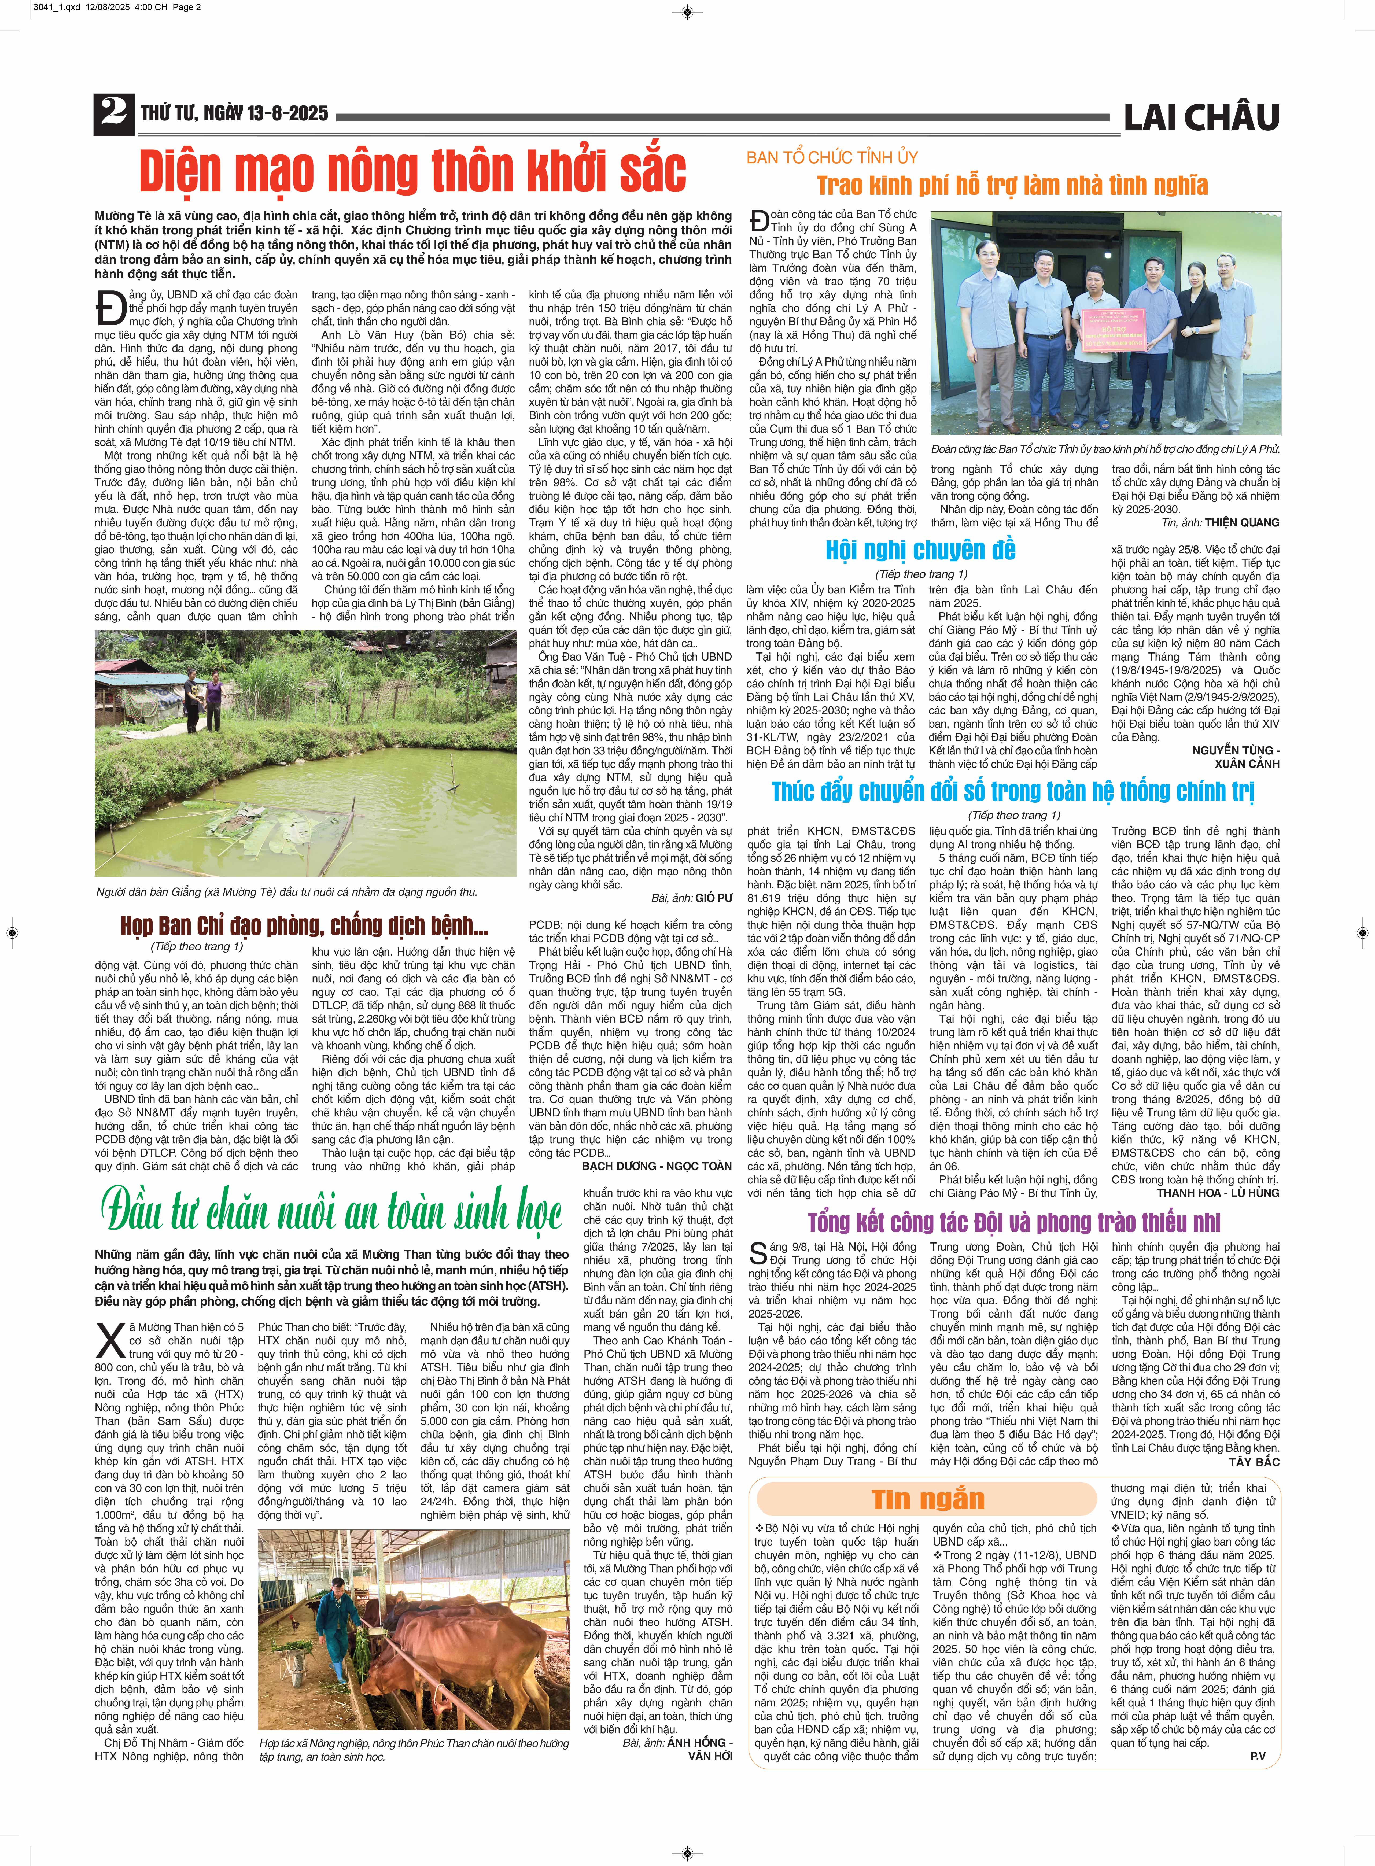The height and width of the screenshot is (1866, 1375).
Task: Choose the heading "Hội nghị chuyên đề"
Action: pyautogui.click(x=920, y=550)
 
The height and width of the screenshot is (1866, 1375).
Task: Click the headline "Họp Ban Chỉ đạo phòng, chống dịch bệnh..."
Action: pyautogui.click(x=304, y=926)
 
